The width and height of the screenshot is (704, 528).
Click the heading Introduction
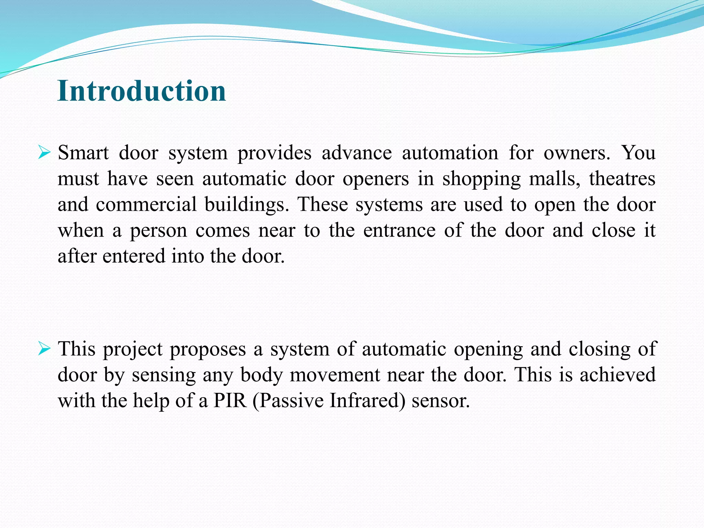click(x=142, y=91)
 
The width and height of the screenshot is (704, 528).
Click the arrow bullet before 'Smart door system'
click(x=44, y=152)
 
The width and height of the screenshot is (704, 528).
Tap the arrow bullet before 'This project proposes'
click(x=44, y=349)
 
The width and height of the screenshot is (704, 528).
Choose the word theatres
click(x=622, y=179)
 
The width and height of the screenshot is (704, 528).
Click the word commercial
click(x=146, y=205)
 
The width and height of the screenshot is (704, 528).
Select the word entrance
click(x=399, y=230)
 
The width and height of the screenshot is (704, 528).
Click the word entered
click(x=134, y=256)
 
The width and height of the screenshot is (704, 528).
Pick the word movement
click(x=335, y=375)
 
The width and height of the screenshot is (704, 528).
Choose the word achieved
click(x=618, y=375)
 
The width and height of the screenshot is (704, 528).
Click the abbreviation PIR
click(x=230, y=400)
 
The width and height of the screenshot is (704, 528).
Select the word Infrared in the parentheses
click(x=367, y=400)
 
